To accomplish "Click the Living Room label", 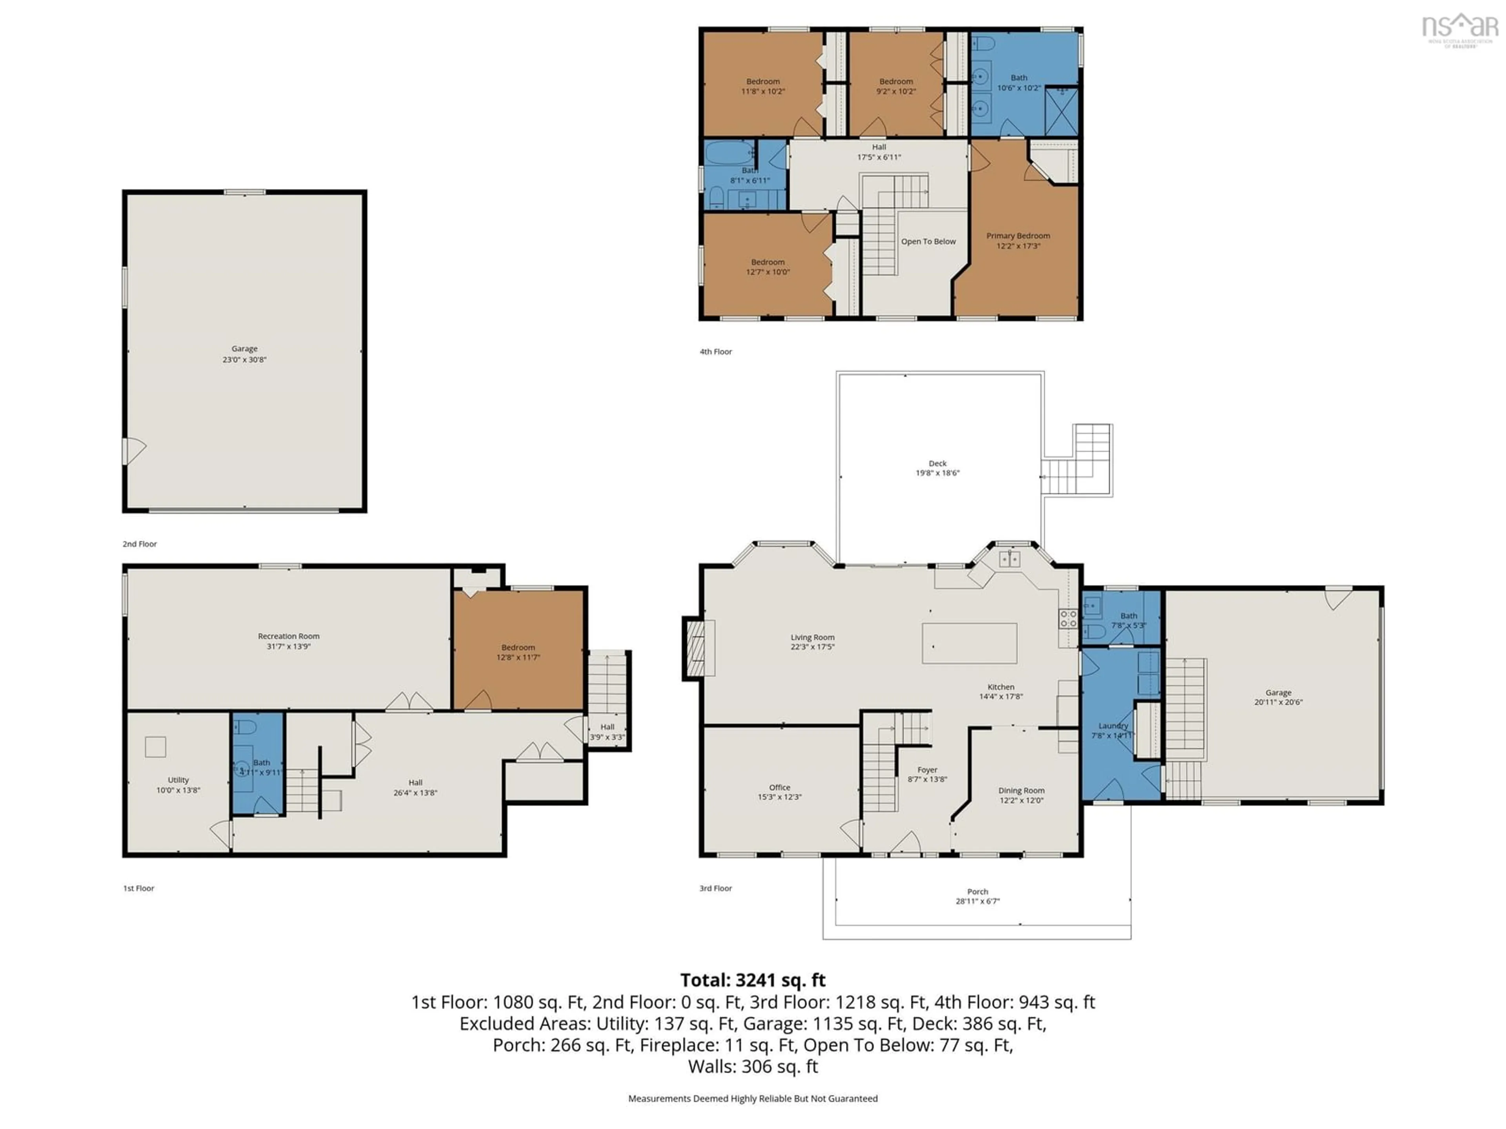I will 812,637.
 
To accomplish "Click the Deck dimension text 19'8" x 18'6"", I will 937,473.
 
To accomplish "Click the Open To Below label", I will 928,241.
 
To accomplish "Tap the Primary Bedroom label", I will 1018,236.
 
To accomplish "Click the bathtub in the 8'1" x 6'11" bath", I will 729,152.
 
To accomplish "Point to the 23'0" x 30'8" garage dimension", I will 244,359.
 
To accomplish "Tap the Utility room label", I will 178,780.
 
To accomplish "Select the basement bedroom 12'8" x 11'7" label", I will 518,652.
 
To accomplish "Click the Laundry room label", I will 1113,726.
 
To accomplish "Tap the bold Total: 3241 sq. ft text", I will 752,980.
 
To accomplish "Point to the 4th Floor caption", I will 716,352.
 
